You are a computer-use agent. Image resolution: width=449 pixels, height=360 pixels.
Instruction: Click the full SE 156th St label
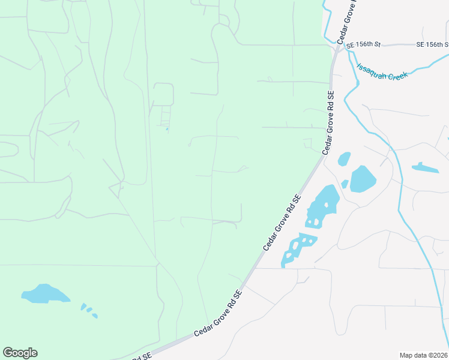click(364, 45)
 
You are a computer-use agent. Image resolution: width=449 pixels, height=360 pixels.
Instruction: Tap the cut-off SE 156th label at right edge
click(433, 45)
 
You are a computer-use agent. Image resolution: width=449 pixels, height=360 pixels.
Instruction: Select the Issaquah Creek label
click(382, 71)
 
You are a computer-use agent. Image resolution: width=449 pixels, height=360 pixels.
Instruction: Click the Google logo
click(20, 353)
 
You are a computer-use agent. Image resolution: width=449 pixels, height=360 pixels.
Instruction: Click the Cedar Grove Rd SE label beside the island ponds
click(281, 222)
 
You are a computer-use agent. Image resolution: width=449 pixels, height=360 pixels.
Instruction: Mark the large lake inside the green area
click(45, 293)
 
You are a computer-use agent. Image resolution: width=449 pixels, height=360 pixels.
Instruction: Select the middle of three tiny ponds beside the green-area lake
click(89, 310)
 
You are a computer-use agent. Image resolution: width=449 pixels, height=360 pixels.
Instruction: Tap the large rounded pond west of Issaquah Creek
click(363, 179)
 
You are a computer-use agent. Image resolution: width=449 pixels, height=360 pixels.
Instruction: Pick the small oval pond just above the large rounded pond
click(344, 159)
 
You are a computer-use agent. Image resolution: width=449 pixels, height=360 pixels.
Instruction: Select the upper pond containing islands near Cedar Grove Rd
click(322, 206)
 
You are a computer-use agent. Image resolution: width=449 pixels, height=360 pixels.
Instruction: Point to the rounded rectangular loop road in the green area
click(163, 94)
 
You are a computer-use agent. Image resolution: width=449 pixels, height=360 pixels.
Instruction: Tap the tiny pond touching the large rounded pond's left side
click(345, 184)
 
